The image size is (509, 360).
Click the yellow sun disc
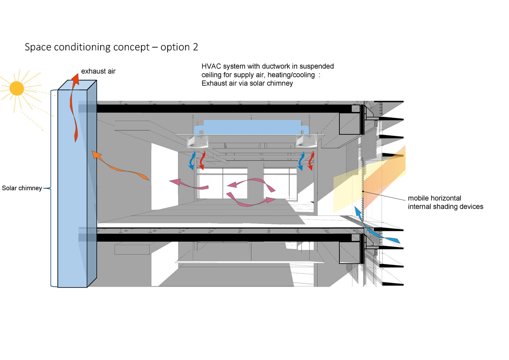pos(16,89)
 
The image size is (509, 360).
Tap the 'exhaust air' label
pos(98,71)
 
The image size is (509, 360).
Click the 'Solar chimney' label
pos(22,188)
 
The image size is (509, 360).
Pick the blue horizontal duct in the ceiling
pos(251,127)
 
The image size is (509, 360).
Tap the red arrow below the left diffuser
pos(202,161)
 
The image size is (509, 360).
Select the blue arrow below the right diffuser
pos(300,161)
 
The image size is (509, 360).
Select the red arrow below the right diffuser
pos(311,161)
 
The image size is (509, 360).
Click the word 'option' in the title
pos(175,47)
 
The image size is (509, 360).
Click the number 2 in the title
pos(195,47)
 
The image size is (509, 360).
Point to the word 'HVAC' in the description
pos(210,66)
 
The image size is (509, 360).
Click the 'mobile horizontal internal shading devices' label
pos(445,202)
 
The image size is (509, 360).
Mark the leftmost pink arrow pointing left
pos(188,184)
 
